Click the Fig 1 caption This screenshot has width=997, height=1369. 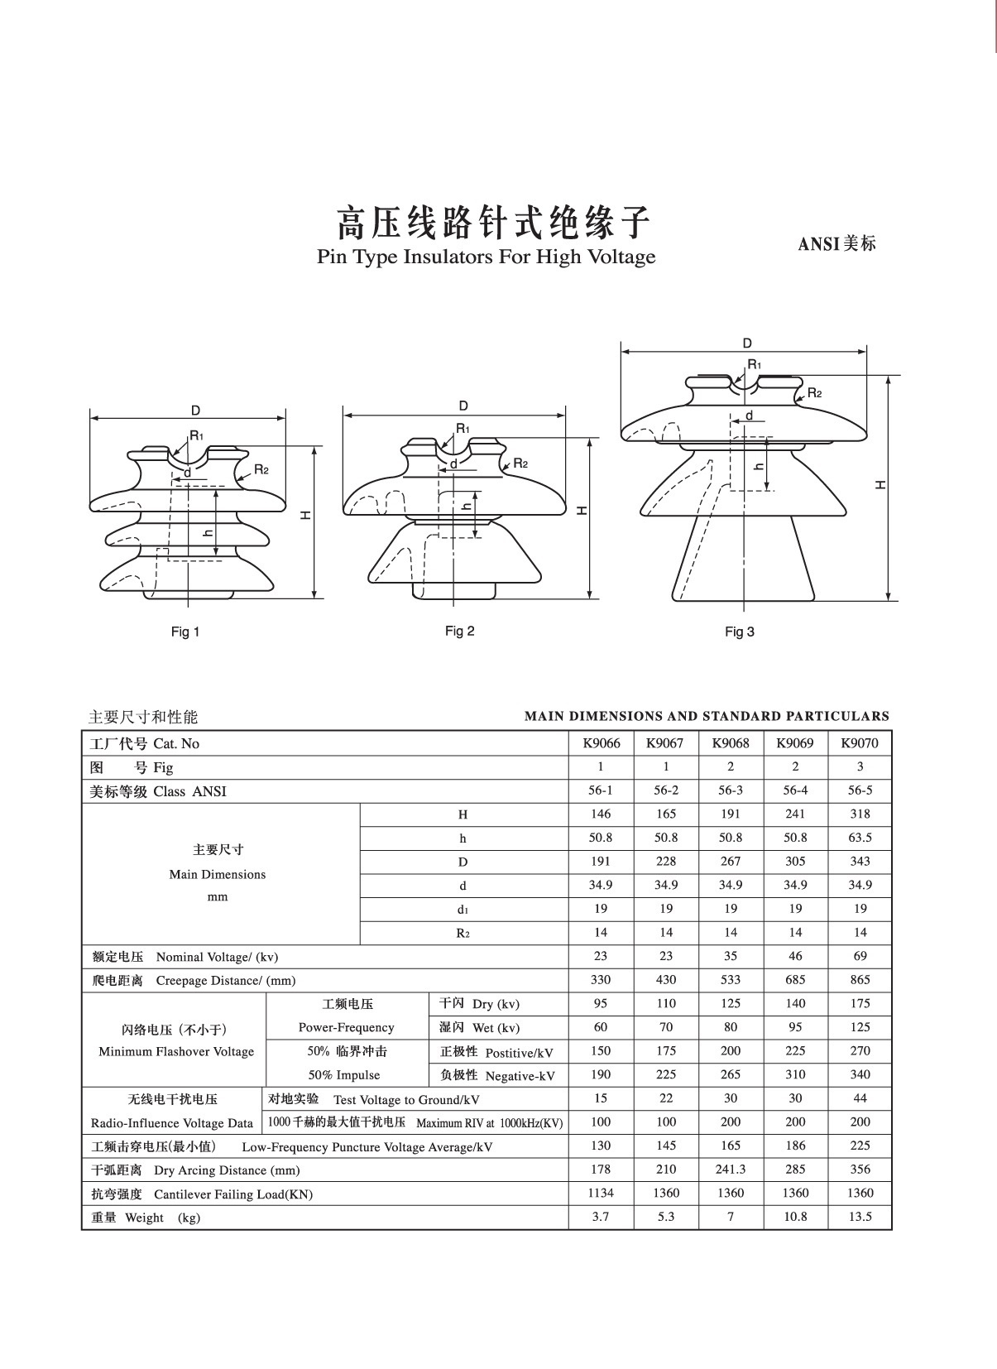(185, 632)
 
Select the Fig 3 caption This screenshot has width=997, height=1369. (739, 632)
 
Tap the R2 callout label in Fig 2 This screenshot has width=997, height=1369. (520, 463)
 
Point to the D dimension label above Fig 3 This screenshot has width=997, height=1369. (747, 343)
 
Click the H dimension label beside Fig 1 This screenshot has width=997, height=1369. (306, 515)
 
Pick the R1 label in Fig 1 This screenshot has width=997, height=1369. (196, 435)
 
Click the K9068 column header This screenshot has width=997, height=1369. (730, 742)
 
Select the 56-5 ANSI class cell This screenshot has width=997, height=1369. (860, 790)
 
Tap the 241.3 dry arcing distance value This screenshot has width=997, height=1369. (730, 1170)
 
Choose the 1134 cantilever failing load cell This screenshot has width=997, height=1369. (601, 1193)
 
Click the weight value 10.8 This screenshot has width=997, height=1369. (794, 1217)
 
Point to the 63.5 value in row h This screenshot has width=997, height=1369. (860, 838)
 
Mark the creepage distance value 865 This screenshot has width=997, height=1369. (860, 980)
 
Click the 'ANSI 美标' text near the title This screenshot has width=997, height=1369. (836, 243)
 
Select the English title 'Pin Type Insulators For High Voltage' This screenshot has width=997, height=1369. (486, 257)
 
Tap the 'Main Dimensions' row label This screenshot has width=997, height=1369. (218, 874)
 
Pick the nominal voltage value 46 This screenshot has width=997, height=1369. (794, 956)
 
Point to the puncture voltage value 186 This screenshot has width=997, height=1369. (794, 1146)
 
